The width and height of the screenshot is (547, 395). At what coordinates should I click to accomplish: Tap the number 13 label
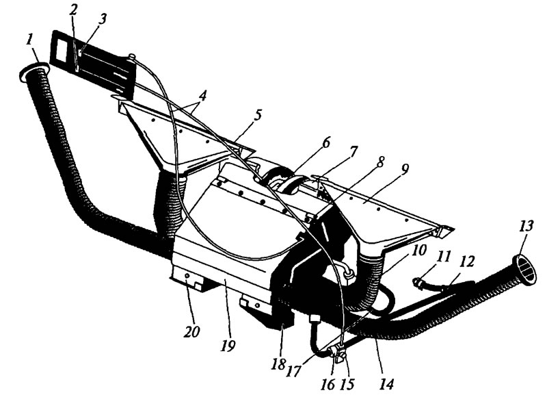click(x=526, y=227)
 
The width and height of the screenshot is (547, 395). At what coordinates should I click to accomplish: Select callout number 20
click(x=192, y=331)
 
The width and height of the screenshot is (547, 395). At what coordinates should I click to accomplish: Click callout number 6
click(x=326, y=144)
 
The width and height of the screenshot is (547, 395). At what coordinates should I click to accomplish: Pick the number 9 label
click(x=404, y=169)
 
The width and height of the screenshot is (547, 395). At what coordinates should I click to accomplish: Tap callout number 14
click(x=387, y=384)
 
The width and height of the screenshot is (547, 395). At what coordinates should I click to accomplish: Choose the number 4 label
click(x=202, y=95)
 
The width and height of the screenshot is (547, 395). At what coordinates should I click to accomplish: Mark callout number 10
click(x=419, y=250)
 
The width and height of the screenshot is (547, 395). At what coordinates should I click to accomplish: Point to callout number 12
click(x=467, y=261)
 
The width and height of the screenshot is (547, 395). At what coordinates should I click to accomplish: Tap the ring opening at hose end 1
click(x=34, y=71)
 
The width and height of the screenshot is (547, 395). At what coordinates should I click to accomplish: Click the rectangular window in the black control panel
click(x=64, y=48)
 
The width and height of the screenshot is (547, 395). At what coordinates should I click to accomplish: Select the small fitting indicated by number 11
click(x=418, y=283)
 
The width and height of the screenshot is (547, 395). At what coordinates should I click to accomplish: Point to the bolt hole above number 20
click(x=187, y=276)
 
